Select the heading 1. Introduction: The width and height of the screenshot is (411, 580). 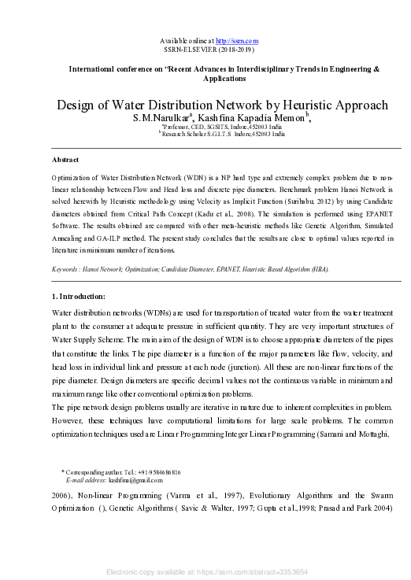point(78,296)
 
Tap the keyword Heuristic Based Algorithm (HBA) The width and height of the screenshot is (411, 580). point(281,269)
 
